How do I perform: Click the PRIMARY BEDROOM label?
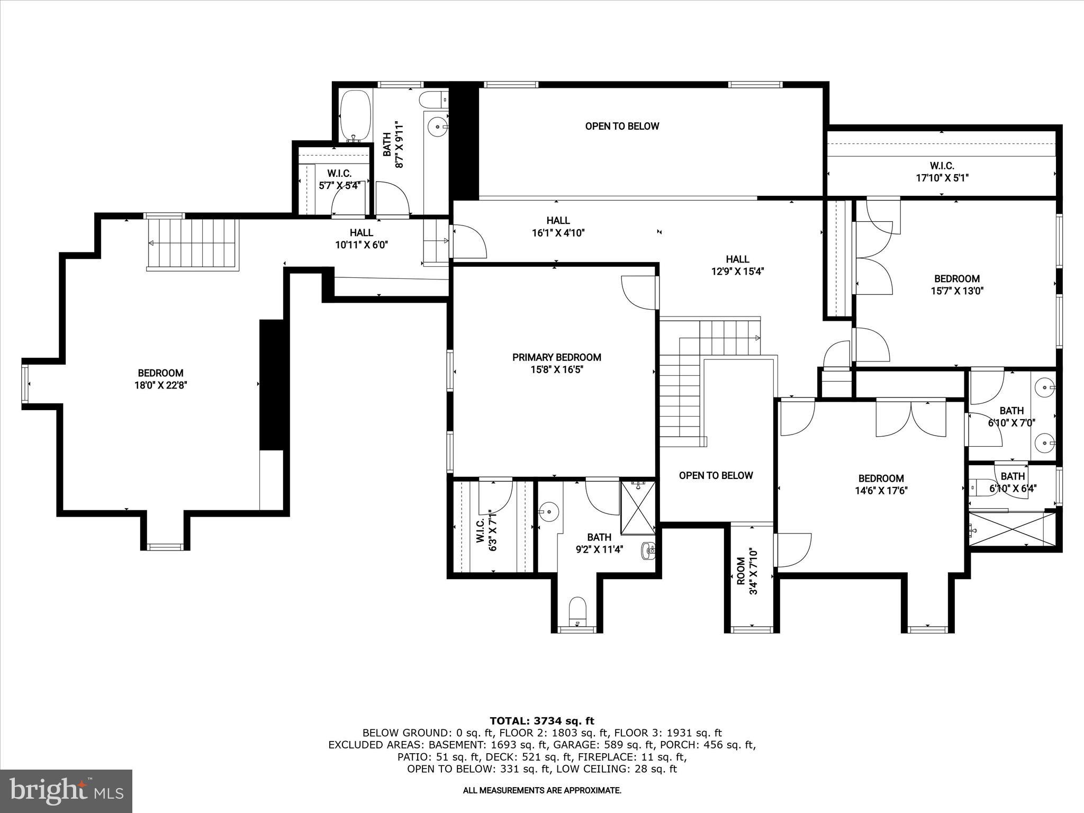click(x=556, y=357)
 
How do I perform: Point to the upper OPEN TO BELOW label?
click(x=622, y=126)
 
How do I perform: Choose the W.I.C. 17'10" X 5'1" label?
click(x=942, y=172)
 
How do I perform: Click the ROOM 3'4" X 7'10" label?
click(x=747, y=572)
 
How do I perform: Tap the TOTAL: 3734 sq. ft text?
click(x=541, y=721)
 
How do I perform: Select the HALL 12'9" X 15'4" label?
click(x=737, y=265)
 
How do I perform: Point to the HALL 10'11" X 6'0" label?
click(x=361, y=239)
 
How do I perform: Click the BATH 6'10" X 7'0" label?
click(x=1011, y=417)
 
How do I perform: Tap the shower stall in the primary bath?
click(x=638, y=507)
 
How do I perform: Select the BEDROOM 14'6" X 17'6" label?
click(x=881, y=484)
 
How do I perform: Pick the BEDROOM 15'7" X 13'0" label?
click(x=956, y=284)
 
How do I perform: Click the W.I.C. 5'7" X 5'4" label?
click(x=339, y=179)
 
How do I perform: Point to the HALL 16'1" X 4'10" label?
click(x=558, y=226)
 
